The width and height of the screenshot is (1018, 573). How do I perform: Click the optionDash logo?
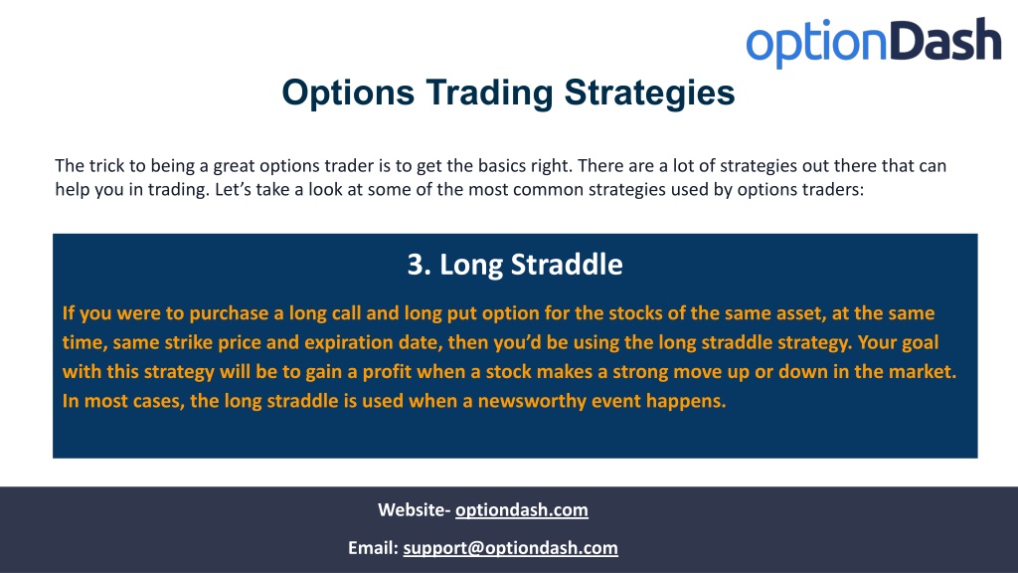click(x=873, y=42)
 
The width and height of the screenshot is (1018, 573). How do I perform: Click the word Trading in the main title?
click(x=489, y=93)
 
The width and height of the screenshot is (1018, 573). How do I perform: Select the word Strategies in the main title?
click(x=649, y=93)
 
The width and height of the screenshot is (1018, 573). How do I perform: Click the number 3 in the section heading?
click(x=415, y=265)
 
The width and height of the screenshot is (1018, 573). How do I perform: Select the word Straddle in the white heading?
click(x=567, y=265)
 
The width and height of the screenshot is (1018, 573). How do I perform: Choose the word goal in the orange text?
click(x=919, y=342)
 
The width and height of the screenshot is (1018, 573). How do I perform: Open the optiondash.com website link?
click(x=521, y=510)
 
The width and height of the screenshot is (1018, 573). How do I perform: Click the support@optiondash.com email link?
click(x=510, y=548)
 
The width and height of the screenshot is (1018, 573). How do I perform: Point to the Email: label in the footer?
click(x=374, y=548)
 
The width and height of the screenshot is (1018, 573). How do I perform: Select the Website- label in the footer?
click(x=415, y=510)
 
